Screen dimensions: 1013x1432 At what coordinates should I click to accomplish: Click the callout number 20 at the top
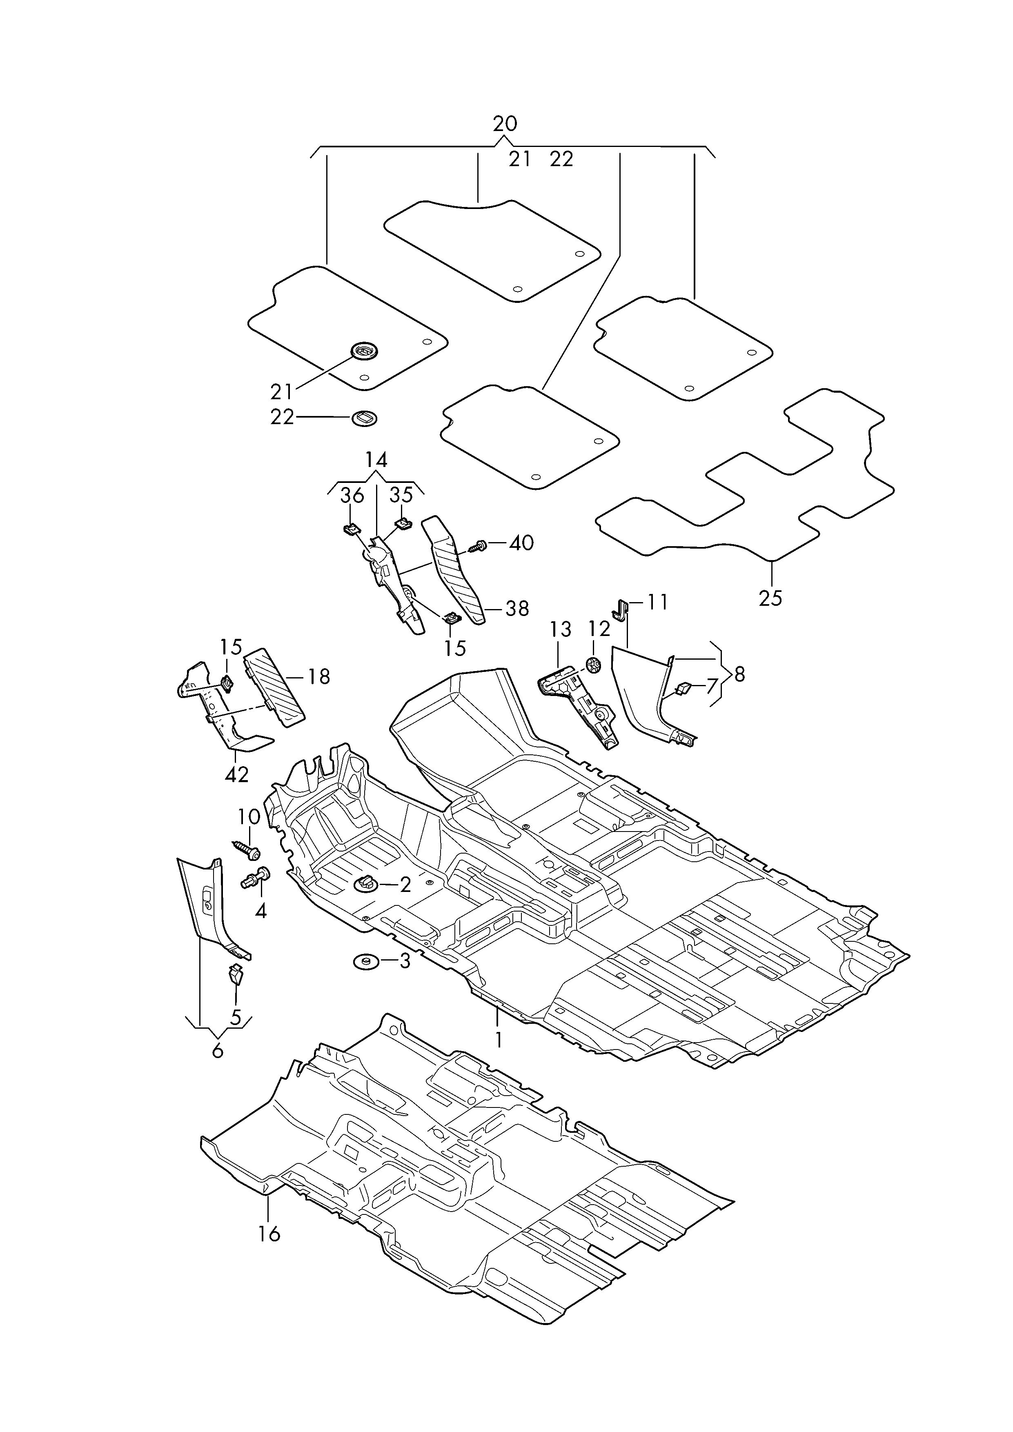(505, 124)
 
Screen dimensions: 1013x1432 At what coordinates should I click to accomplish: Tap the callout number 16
(269, 1234)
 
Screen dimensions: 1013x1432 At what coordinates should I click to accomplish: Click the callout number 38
(517, 608)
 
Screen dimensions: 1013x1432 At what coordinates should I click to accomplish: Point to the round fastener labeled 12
(594, 665)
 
